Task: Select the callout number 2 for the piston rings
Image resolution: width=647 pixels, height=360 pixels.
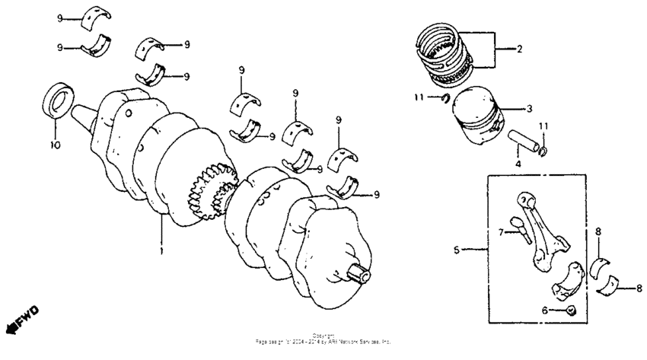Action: (519, 51)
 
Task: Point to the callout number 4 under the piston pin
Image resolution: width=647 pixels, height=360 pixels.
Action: (516, 162)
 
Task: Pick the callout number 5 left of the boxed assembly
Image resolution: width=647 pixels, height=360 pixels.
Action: (457, 249)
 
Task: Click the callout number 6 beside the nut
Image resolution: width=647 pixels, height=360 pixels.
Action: (544, 310)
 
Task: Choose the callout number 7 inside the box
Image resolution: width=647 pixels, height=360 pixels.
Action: (502, 231)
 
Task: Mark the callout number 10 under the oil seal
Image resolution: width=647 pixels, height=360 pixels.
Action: (54, 143)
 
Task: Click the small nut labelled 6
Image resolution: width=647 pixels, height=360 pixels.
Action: (572, 310)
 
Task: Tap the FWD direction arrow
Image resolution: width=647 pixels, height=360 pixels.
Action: (23, 320)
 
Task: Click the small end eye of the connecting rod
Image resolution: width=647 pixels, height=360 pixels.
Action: (526, 199)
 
